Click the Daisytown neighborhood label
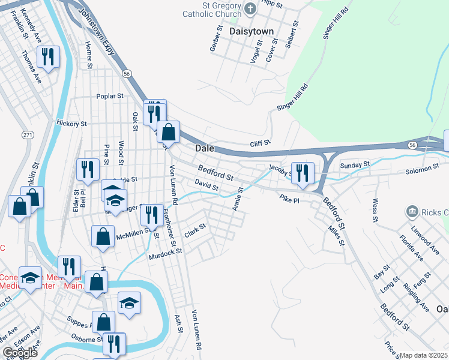coord(252,31)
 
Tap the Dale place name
coord(205,148)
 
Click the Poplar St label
coord(110,96)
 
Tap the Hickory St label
coord(71,124)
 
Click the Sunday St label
coord(354,164)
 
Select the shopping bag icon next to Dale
coord(169,132)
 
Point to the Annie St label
coord(237,200)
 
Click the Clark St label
coord(194,230)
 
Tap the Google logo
coord(20,353)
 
